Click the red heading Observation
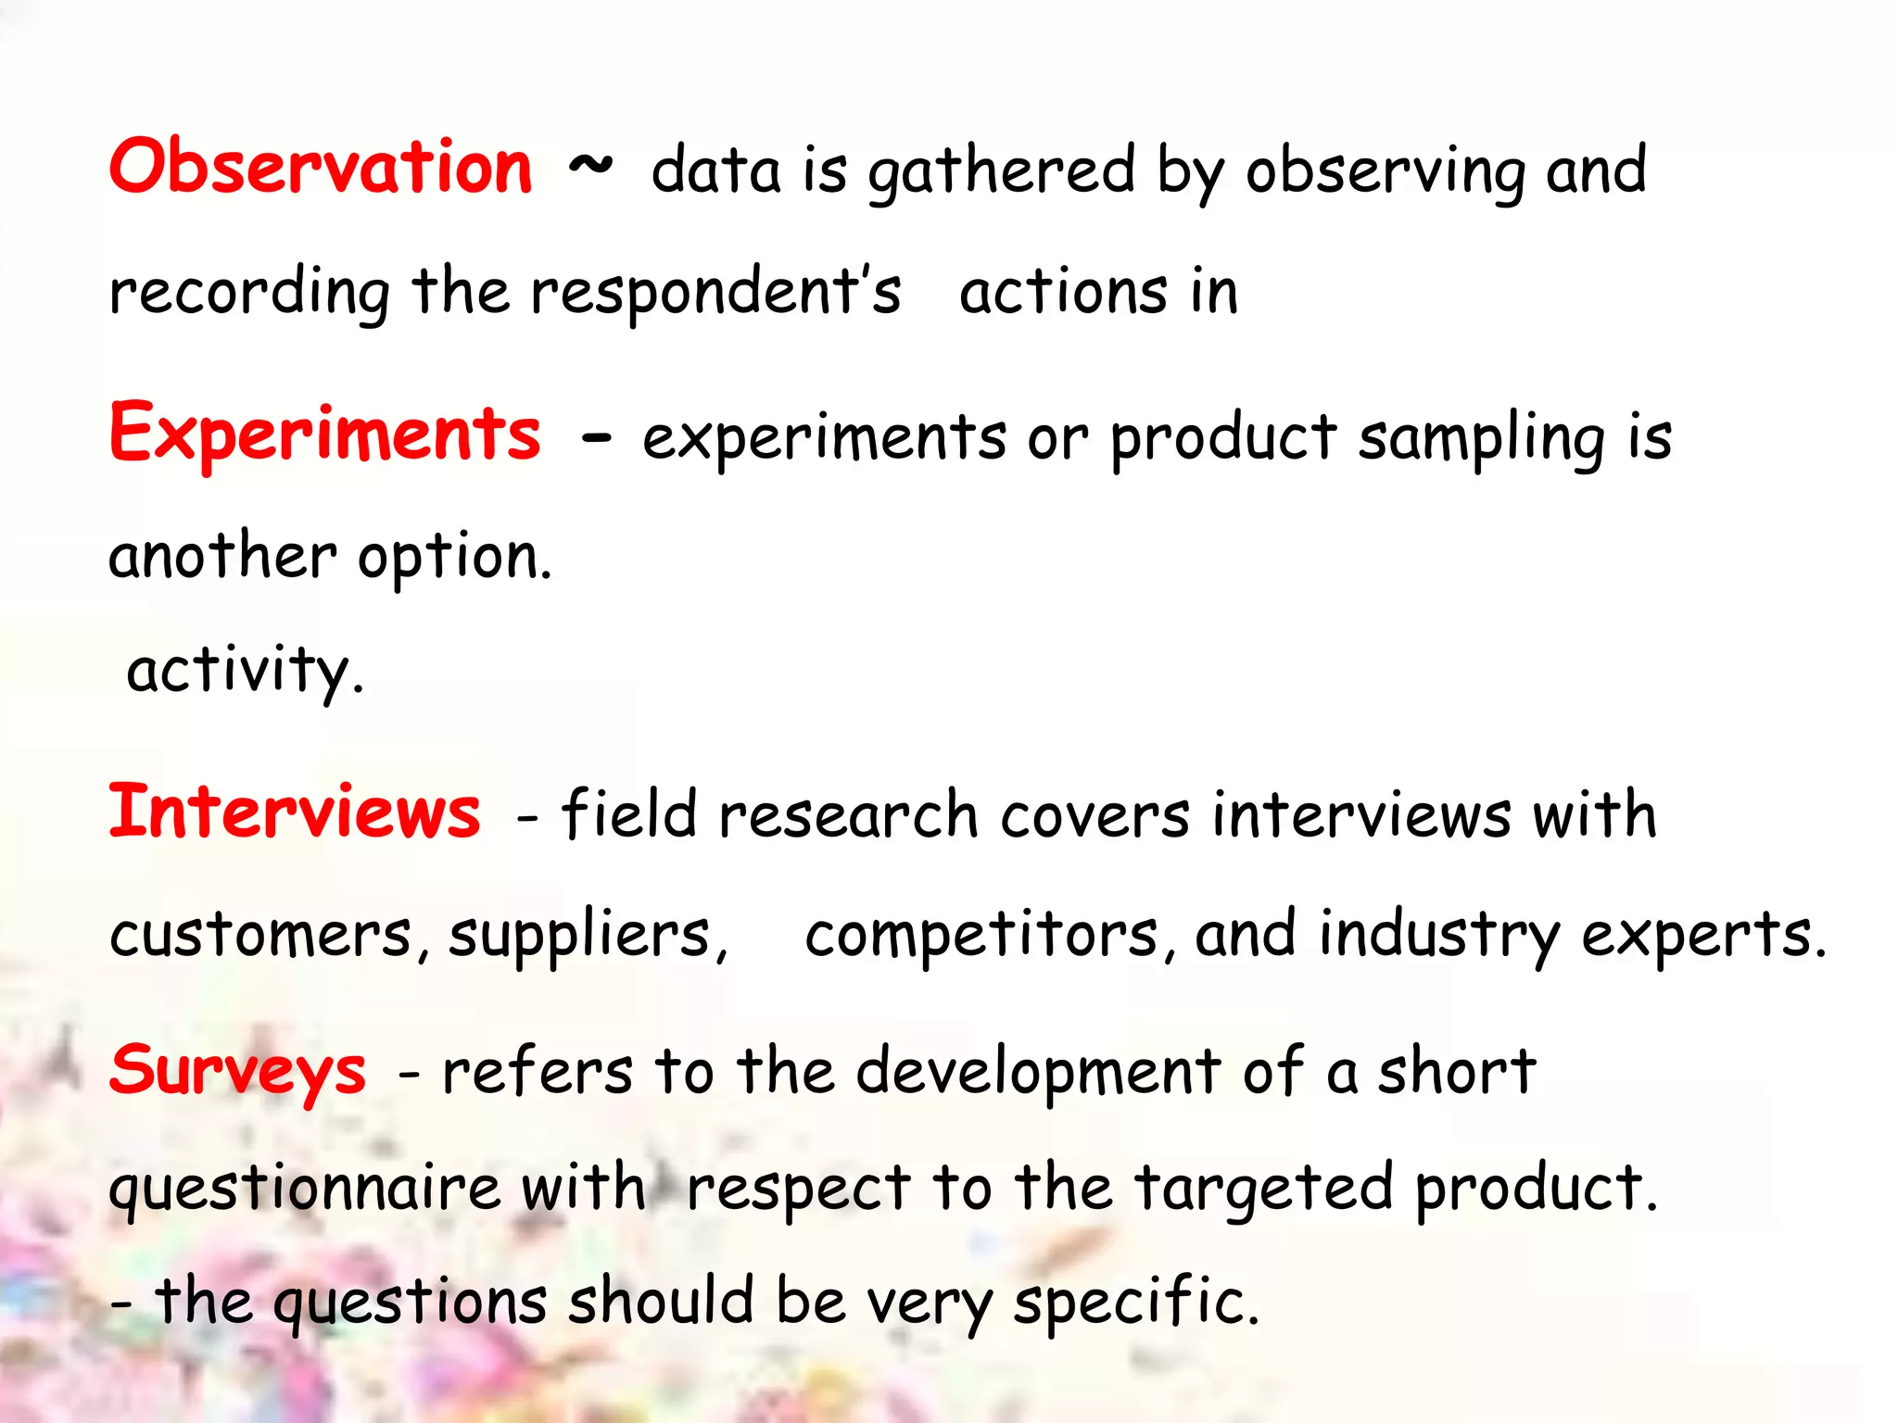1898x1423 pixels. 321,167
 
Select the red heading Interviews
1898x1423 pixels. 295,812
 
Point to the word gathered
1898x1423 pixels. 1001,172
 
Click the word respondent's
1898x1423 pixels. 715,292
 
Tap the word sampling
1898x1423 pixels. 1481,439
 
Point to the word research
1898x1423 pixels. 848,816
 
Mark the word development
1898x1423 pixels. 1038,1072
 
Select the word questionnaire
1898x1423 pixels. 304,1190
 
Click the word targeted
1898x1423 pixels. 1264,1190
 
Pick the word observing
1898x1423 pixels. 1385,172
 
